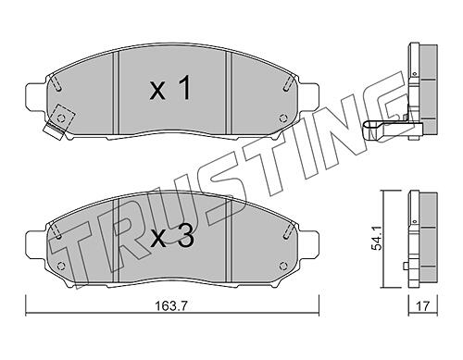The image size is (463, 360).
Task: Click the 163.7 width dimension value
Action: pos(171,306)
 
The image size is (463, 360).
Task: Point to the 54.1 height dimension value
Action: pos(378,239)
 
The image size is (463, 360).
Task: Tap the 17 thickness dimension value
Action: pos(423,306)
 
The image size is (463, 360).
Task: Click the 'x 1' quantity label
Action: pos(169,88)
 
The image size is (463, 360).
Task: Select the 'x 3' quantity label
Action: pos(171,237)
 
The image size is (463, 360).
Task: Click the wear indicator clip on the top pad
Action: pos(59,121)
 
